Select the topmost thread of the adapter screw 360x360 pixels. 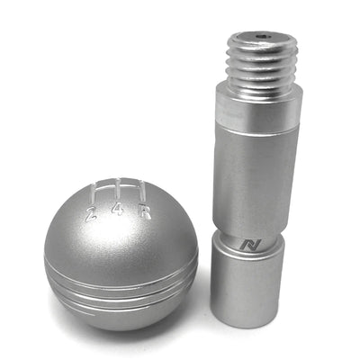click(261, 52)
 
